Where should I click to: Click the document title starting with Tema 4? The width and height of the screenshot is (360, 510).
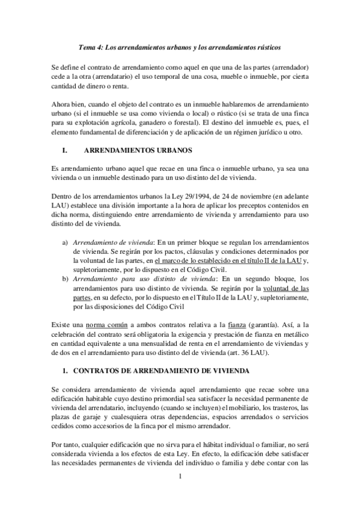(180, 46)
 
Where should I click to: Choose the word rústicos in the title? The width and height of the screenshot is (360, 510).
(265, 46)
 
